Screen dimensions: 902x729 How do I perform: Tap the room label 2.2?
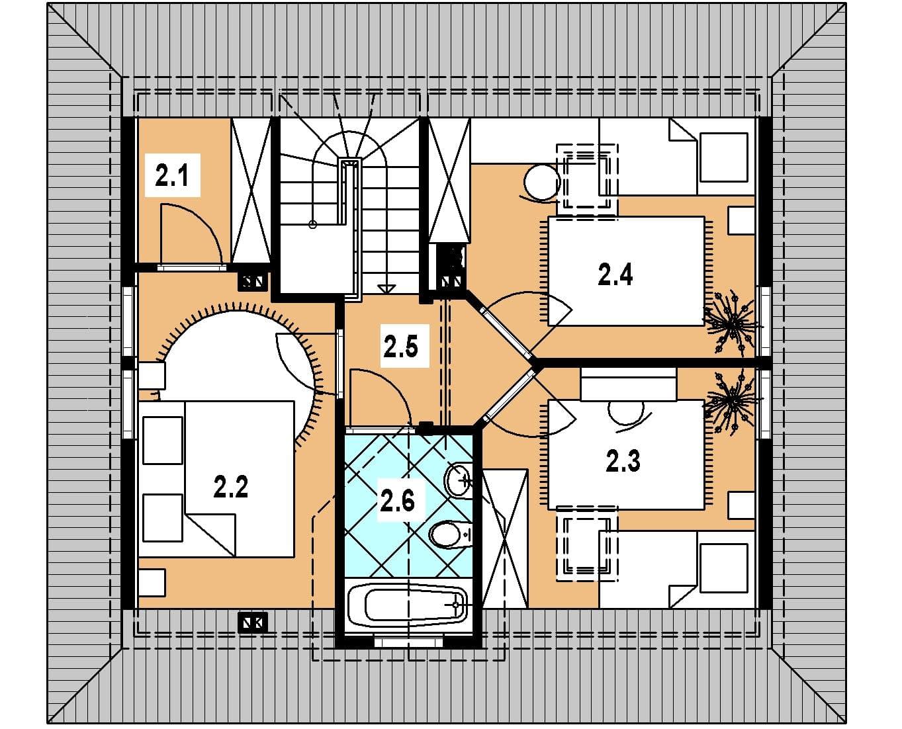click(x=231, y=487)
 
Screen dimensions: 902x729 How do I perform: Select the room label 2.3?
click(x=623, y=461)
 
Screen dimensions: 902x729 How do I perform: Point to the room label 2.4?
click(x=615, y=275)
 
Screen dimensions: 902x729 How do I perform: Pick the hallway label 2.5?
click(x=400, y=346)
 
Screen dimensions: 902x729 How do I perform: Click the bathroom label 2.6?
click(x=397, y=501)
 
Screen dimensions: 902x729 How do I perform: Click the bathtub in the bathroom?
click(x=407, y=605)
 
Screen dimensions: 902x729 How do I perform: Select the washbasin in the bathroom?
click(x=458, y=480)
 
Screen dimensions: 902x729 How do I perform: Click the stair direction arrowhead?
click(x=386, y=289)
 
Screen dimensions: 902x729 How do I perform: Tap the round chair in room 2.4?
click(x=541, y=182)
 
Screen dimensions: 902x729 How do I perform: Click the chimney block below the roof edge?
click(x=252, y=622)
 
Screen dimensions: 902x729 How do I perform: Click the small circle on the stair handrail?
click(x=312, y=225)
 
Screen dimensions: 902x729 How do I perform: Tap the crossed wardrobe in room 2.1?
click(x=251, y=190)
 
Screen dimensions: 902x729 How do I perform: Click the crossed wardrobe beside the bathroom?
click(x=505, y=538)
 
